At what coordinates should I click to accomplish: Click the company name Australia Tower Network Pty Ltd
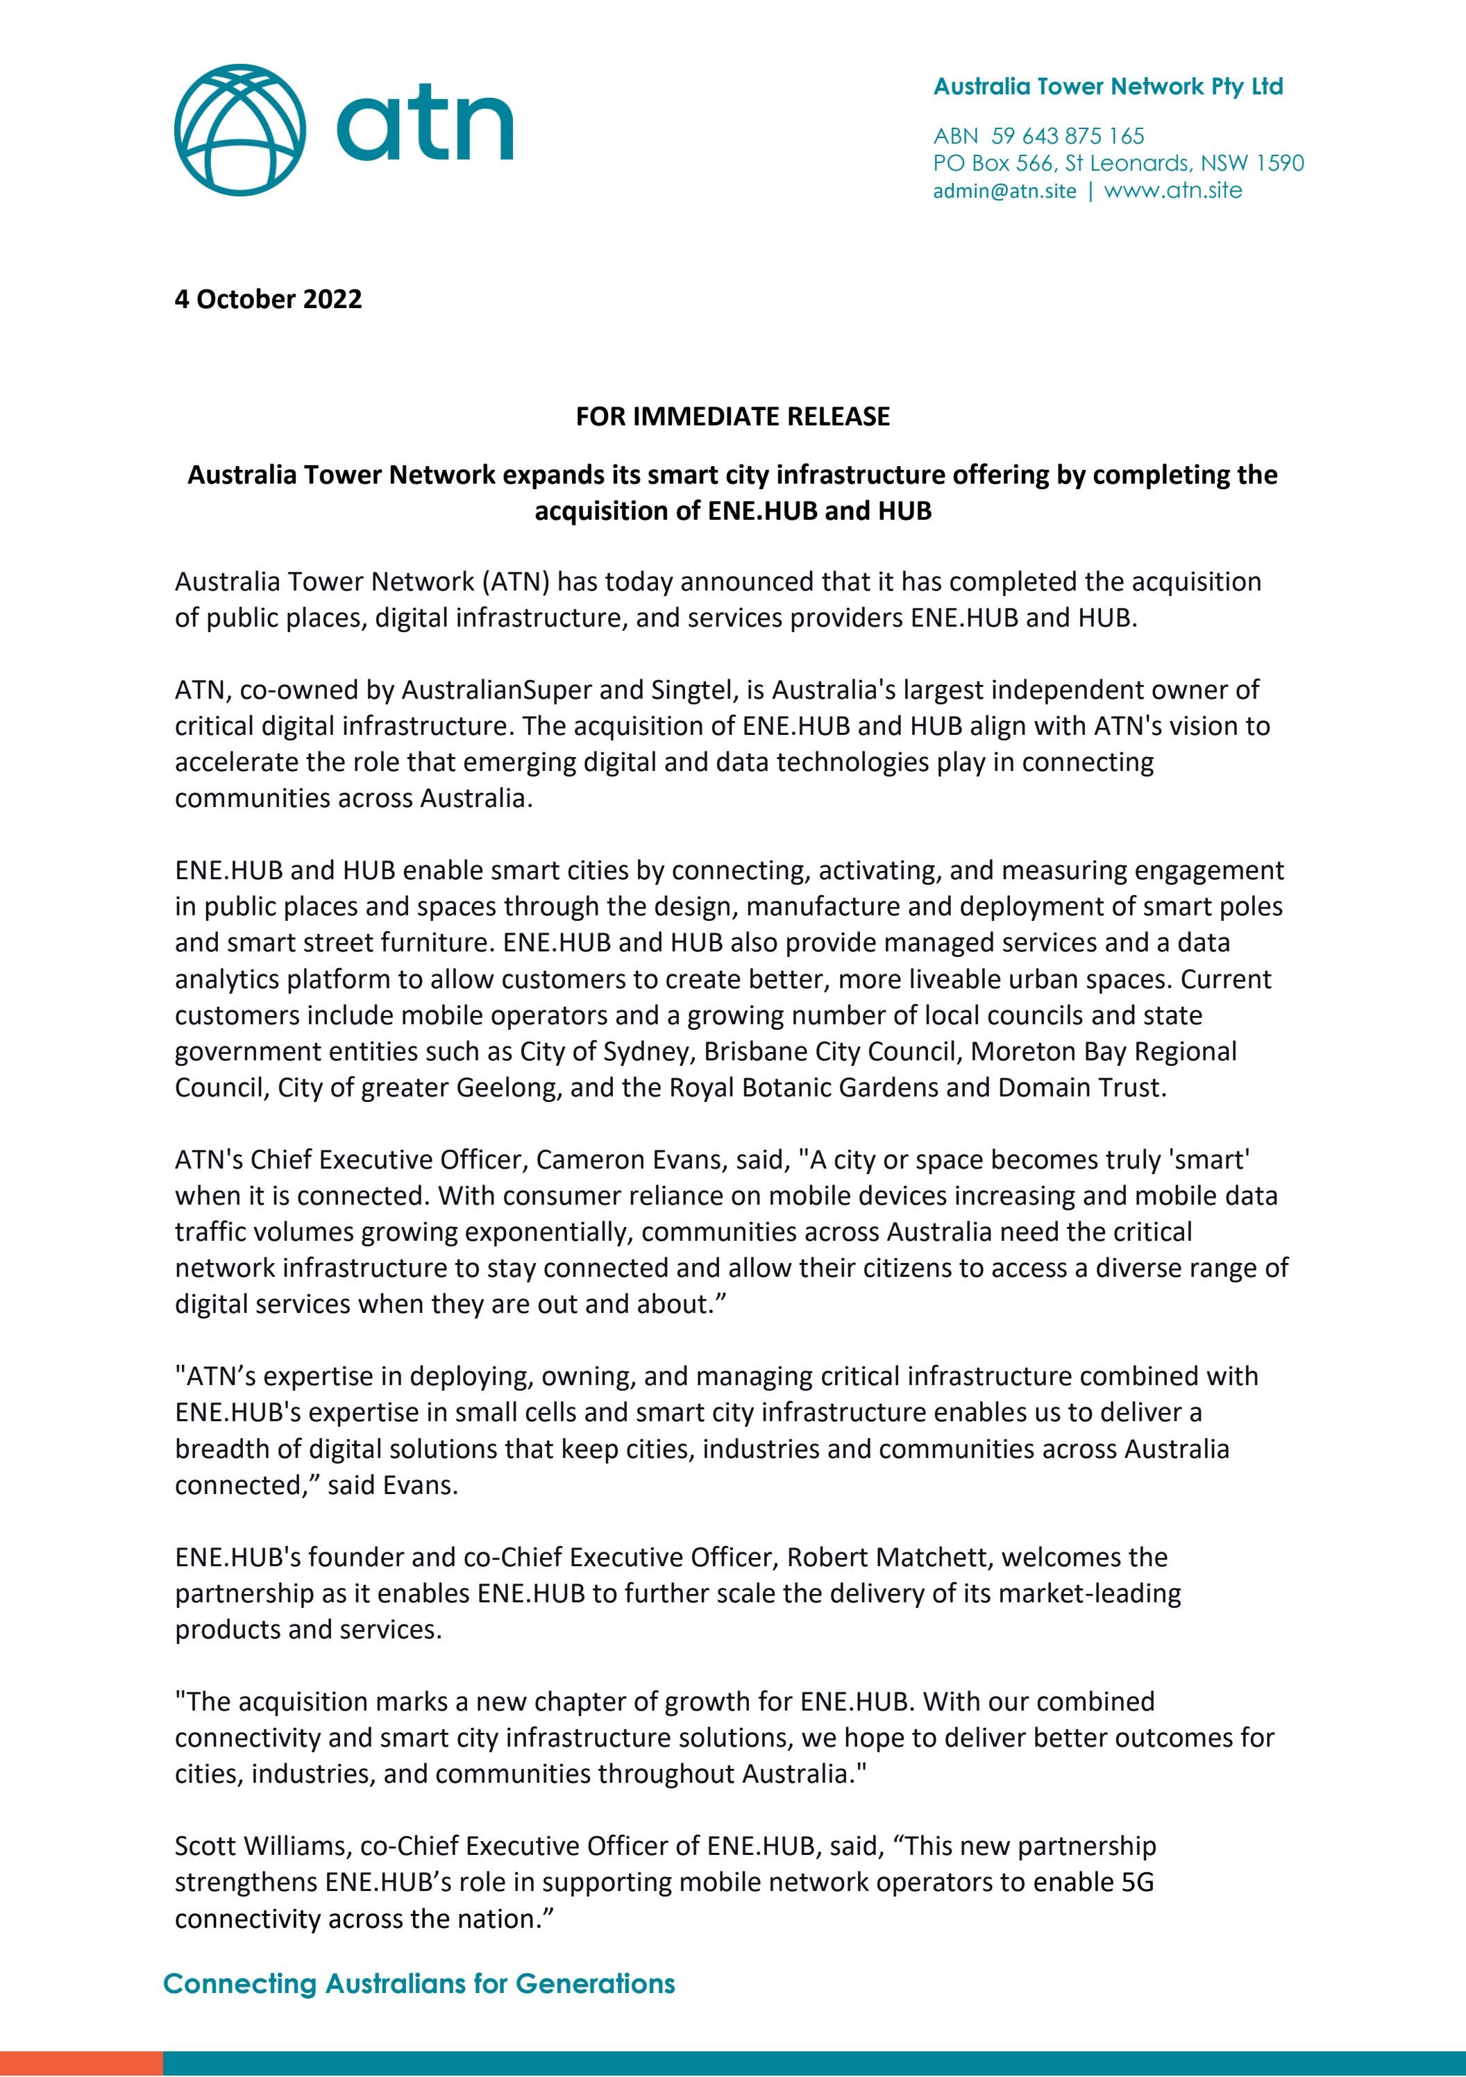click(x=1108, y=87)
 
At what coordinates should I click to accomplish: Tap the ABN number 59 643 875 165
click(x=1068, y=137)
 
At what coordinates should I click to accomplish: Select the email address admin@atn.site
click(x=1004, y=191)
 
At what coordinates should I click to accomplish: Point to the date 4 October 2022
click(x=268, y=299)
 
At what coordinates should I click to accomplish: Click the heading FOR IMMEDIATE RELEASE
click(x=732, y=416)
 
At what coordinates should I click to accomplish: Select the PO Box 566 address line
click(x=1118, y=164)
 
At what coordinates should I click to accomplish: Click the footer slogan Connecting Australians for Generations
click(x=419, y=1984)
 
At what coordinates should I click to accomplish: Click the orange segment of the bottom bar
click(x=81, y=2062)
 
